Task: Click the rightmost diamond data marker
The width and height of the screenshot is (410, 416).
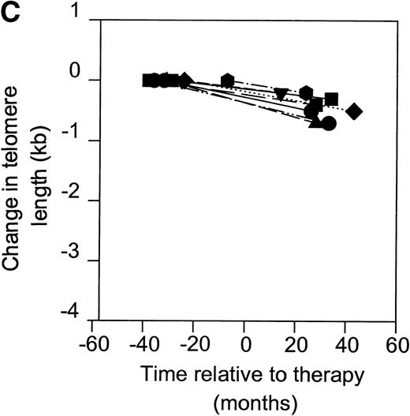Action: point(355,111)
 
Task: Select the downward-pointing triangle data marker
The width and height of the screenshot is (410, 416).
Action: point(281,94)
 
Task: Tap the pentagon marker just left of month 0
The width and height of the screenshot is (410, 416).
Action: point(228,80)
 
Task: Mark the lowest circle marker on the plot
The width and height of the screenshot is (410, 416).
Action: point(329,123)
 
